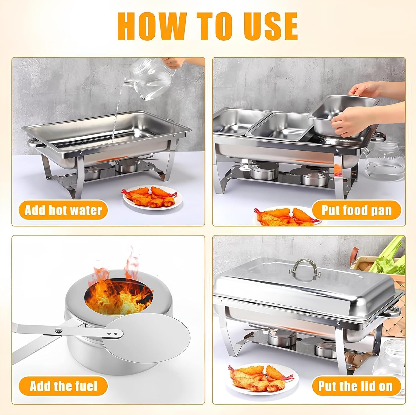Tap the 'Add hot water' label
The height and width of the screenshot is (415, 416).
click(x=63, y=210)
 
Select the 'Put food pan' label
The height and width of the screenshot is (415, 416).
click(x=356, y=210)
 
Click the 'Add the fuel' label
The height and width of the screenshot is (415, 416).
click(x=64, y=386)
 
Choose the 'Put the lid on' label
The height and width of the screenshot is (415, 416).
click(x=356, y=386)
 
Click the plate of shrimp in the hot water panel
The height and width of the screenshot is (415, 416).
click(x=152, y=197)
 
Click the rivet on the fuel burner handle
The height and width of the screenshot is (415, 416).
click(x=59, y=330)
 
